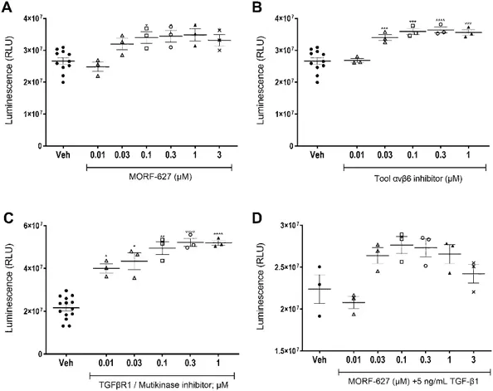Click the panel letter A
[x=7, y=7]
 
